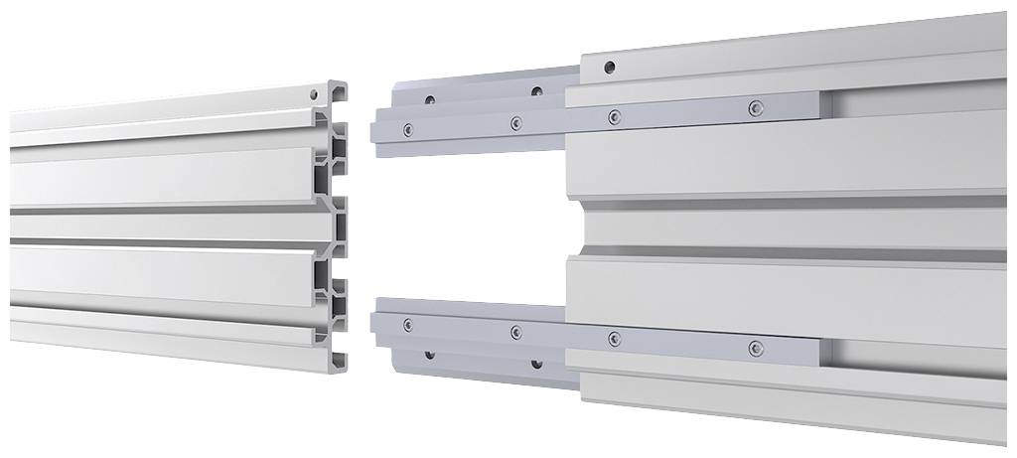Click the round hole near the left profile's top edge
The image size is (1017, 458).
coord(315,94)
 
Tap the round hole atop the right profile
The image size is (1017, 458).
coord(609,69)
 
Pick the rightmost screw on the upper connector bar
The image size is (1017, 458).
coord(756,106)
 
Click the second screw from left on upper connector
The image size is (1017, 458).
coord(515,122)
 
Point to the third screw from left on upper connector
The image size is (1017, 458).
coord(615,116)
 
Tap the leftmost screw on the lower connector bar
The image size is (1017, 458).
coord(407,324)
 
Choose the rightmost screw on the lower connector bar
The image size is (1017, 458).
coord(756,348)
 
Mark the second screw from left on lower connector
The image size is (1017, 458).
coord(515,332)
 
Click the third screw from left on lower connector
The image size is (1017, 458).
coord(614,339)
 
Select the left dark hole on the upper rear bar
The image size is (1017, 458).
coord(430,99)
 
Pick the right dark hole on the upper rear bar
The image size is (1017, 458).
coord(536,91)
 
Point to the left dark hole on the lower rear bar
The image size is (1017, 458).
coord(429,354)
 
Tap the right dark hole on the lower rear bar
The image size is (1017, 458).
coord(536,363)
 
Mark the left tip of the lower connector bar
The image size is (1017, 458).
coord(373,323)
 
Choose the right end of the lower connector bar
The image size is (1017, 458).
coord(818,354)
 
